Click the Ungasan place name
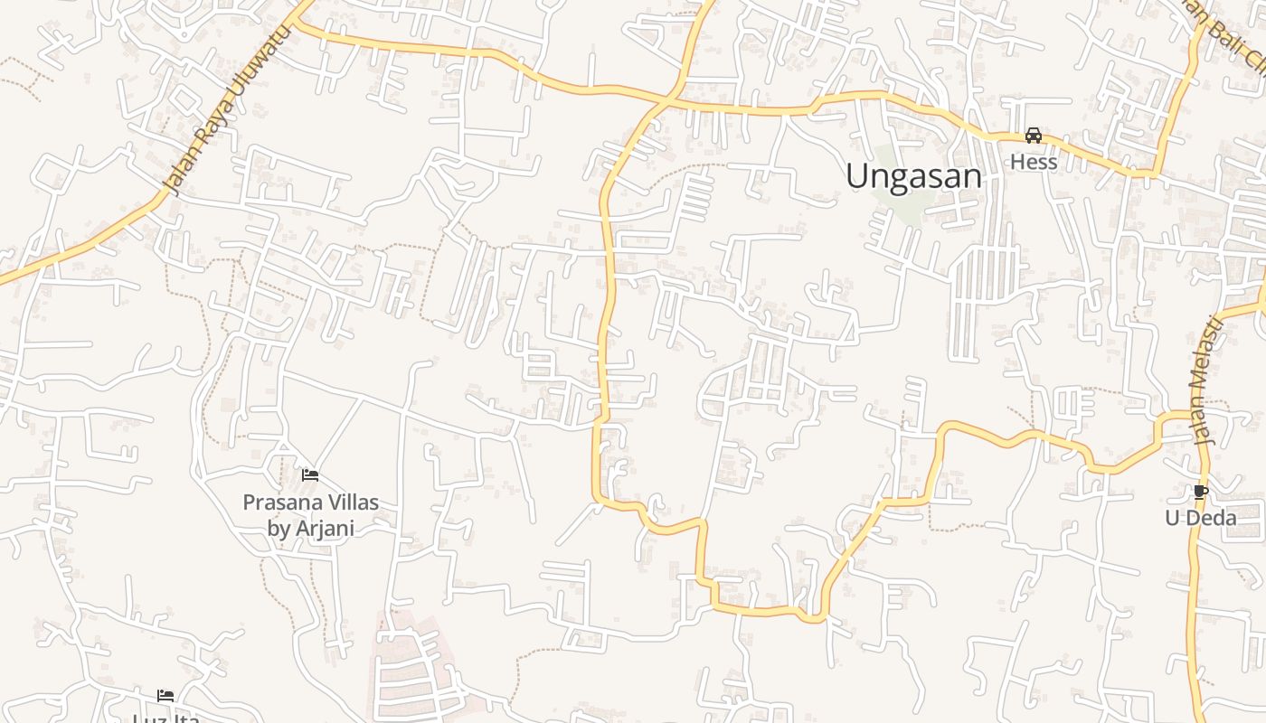(x=913, y=175)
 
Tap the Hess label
(x=1034, y=162)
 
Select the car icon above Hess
(x=1033, y=136)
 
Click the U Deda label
(x=1200, y=518)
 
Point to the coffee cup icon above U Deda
(x=1200, y=492)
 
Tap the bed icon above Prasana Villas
(x=310, y=474)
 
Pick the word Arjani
(x=323, y=528)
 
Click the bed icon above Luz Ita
(x=165, y=695)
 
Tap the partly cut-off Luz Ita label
(x=165, y=718)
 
